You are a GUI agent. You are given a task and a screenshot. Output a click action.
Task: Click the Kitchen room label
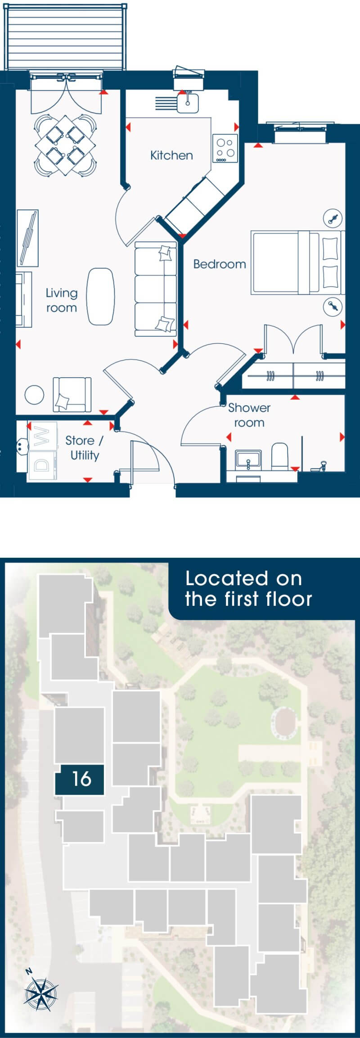(171, 155)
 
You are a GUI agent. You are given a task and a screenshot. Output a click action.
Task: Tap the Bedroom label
(220, 264)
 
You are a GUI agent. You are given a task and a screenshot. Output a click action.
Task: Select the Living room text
(61, 300)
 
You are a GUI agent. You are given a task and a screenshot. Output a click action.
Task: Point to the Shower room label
(249, 415)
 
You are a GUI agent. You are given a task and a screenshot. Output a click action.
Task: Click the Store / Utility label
(84, 448)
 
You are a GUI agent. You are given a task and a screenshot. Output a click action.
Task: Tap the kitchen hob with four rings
(225, 149)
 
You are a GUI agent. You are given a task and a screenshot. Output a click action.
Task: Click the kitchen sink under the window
(187, 102)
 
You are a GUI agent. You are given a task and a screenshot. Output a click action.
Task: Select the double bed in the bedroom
(298, 262)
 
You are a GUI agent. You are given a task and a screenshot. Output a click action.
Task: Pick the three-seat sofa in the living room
(156, 289)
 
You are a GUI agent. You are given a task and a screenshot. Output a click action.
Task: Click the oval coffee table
(100, 296)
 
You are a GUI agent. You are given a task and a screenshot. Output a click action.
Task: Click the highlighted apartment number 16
(81, 778)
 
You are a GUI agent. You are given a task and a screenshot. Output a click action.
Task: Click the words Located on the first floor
(248, 589)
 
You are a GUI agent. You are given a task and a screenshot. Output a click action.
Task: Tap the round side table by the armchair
(35, 395)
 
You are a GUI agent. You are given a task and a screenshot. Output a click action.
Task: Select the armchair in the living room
(72, 394)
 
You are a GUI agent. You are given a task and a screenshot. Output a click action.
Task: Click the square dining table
(67, 146)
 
